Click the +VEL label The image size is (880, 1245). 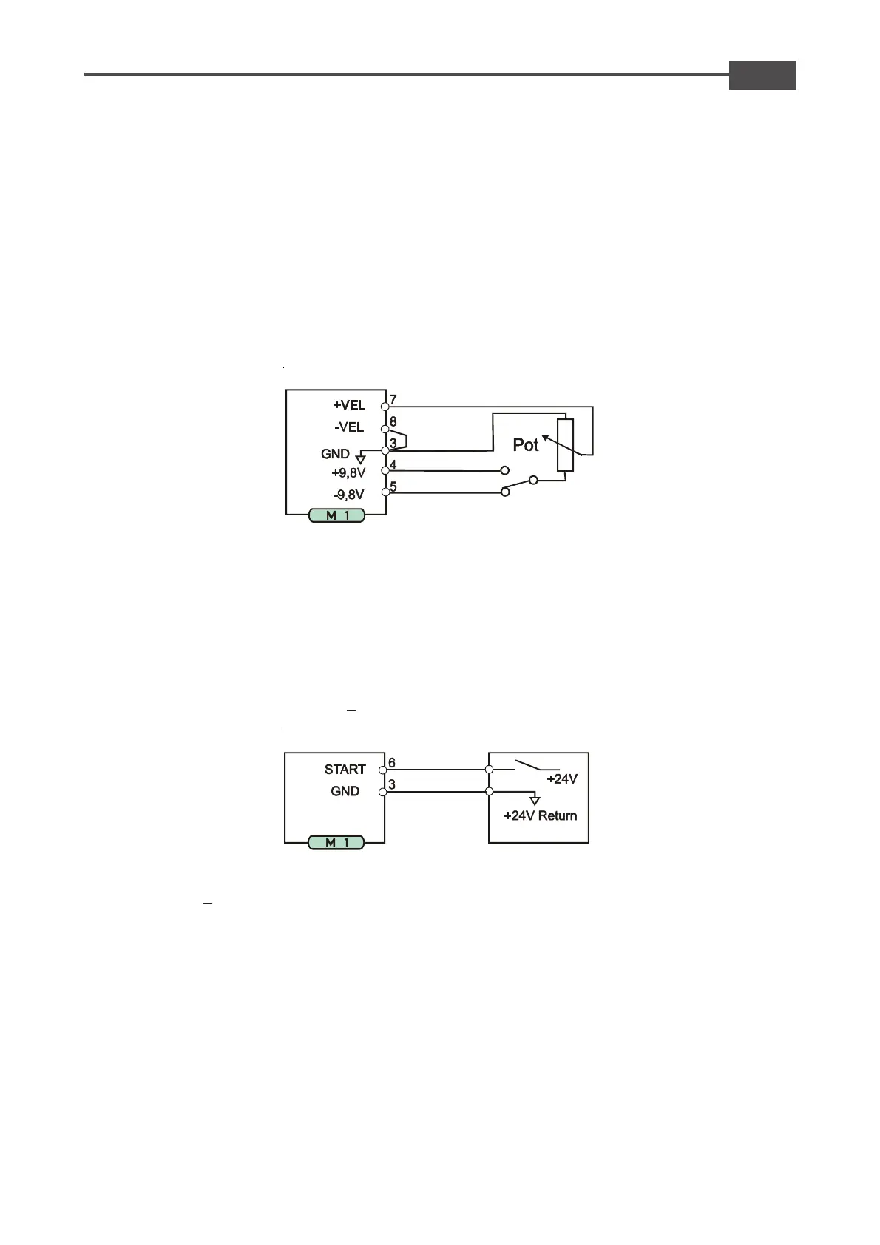[349, 405]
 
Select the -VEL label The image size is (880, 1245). [349, 427]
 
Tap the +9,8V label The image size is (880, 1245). [348, 473]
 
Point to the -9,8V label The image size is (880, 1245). [348, 495]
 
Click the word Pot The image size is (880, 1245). [526, 445]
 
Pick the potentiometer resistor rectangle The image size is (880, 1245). [565, 445]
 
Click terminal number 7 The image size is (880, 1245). [393, 400]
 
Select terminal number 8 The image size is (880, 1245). [393, 421]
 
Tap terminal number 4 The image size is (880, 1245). [393, 465]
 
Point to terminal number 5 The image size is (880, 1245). [393, 486]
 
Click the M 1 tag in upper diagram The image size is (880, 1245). [337, 515]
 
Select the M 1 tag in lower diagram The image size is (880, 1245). [336, 842]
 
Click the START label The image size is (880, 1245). [345, 770]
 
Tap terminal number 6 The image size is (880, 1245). [392, 763]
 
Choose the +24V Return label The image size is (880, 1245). [540, 815]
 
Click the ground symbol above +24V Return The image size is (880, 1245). [535, 800]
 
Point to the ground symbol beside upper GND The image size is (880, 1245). [360, 459]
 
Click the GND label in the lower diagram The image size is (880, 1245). [345, 791]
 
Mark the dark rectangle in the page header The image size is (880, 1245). [762, 75]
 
